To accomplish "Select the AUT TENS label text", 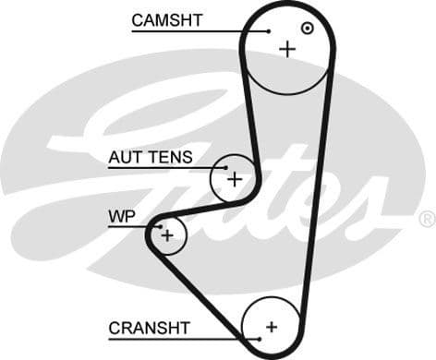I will [151, 158].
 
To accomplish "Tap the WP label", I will [122, 217].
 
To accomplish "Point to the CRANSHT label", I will [149, 328].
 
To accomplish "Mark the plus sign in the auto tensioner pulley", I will [235, 178].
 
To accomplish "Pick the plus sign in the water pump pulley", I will [167, 235].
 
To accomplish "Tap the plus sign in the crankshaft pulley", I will [272, 327].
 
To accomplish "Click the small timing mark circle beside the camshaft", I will [308, 29].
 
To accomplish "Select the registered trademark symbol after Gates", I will [426, 219].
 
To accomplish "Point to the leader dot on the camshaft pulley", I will [268, 31].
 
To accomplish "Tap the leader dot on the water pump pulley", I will [159, 226].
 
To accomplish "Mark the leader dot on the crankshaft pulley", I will [260, 339].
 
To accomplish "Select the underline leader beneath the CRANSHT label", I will [185, 339].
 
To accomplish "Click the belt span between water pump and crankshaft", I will [200, 295].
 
